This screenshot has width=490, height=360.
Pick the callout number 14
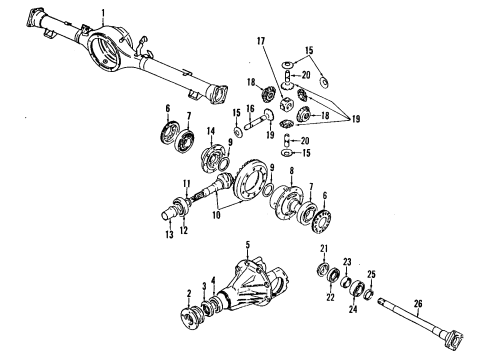coord(211,130)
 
